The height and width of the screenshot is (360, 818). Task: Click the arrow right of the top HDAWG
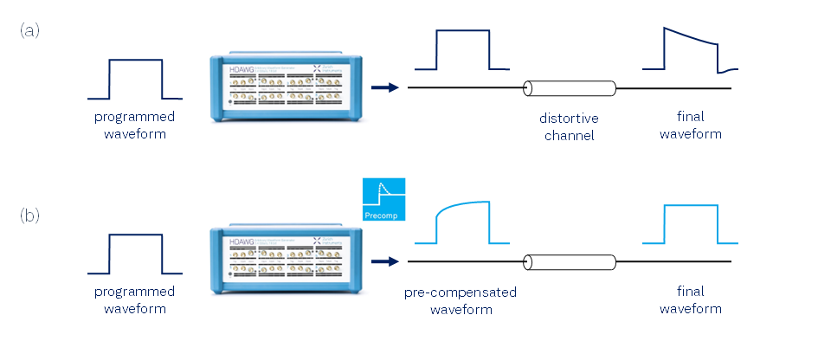pyautogui.click(x=384, y=87)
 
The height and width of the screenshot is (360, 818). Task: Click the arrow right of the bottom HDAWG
pyautogui.click(x=384, y=260)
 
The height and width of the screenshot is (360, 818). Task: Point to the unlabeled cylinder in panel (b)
pyautogui.click(x=570, y=261)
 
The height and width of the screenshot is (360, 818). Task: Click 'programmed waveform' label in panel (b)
pyautogui.click(x=134, y=299)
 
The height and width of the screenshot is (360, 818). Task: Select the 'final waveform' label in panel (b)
pyautogui.click(x=691, y=299)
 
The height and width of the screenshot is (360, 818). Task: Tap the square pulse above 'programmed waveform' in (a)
pyautogui.click(x=134, y=79)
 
